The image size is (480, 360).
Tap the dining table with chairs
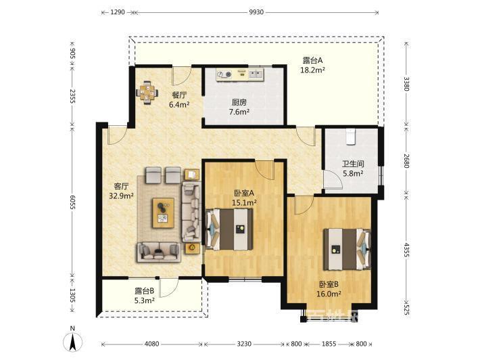(147, 92)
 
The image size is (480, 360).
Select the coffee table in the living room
(164, 213)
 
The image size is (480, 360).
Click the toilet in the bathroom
(350, 136)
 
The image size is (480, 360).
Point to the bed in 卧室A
(230, 229)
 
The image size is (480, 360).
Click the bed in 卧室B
(347, 249)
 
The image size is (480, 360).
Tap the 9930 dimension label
(256, 12)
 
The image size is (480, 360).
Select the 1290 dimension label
(118, 12)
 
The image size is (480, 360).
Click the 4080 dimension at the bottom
(151, 344)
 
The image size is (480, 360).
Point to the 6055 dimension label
(72, 202)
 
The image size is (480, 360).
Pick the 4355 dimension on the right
(406, 250)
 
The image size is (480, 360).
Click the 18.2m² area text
(312, 70)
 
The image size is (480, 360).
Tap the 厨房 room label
(239, 102)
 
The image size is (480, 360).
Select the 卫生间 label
(353, 164)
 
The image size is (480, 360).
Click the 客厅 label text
(121, 186)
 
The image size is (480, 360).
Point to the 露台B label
(144, 291)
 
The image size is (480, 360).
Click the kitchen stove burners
(224, 74)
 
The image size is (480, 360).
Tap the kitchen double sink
(256, 74)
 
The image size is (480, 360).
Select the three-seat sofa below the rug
(159, 252)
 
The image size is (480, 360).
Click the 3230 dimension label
(244, 344)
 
